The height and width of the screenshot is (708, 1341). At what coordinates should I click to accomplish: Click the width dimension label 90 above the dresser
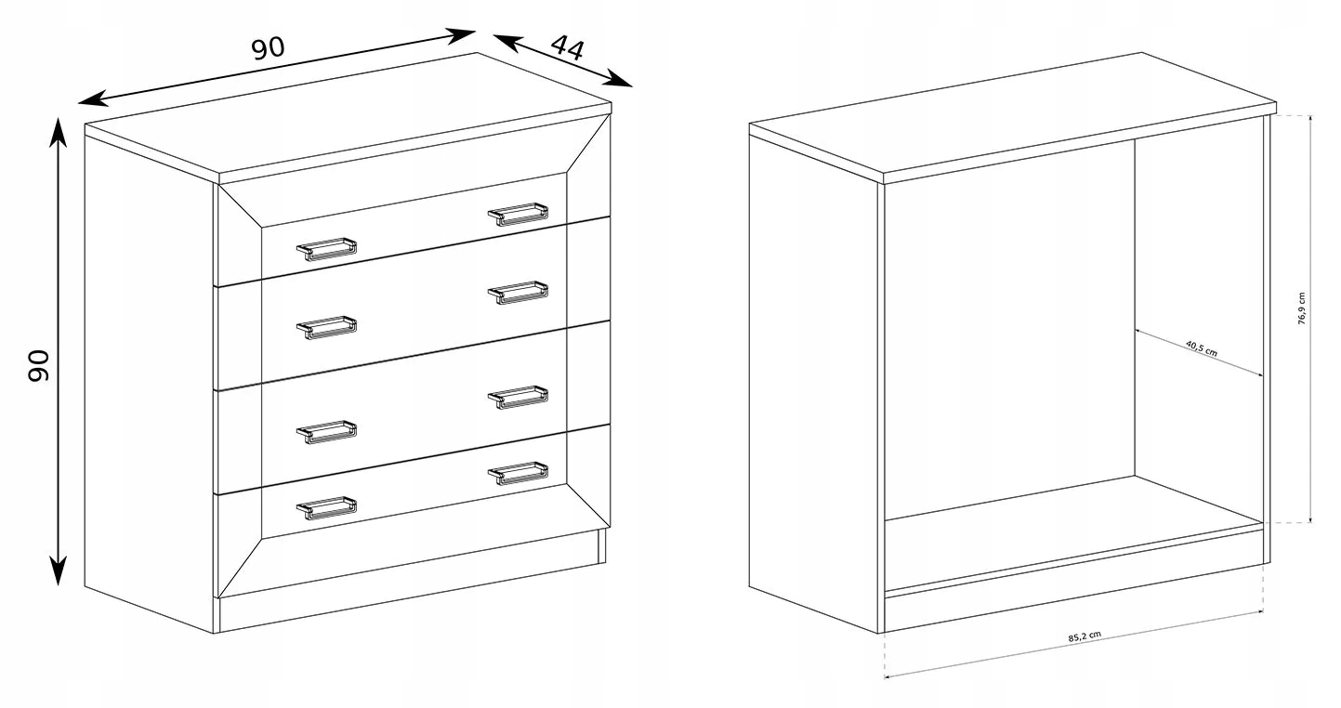coord(268,48)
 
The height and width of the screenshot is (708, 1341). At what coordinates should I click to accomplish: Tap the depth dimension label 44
coord(566,48)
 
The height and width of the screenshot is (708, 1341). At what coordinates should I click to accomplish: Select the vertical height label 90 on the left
coord(39,365)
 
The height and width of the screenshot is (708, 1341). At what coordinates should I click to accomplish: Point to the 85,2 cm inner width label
coord(1085,636)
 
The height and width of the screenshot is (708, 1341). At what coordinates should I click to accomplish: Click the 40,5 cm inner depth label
coord(1202,347)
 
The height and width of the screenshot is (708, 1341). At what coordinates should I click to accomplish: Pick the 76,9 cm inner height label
coord(1301,308)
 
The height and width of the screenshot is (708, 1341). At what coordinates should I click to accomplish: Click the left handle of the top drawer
coord(326,249)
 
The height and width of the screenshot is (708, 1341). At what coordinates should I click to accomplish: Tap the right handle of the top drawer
coord(518,215)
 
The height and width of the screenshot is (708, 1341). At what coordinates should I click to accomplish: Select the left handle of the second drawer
coord(326,327)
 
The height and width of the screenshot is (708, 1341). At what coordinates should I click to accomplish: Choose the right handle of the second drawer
coord(518,292)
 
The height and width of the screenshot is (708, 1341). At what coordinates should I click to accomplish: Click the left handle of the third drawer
coord(326,431)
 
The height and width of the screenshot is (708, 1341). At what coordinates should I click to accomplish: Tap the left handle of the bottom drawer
coord(326,507)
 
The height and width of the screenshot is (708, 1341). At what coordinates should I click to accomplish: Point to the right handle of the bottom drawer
coord(518,473)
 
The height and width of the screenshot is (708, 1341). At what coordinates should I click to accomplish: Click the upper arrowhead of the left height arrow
coord(58,132)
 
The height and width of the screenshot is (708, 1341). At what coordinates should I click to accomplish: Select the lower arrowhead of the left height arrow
coord(58,570)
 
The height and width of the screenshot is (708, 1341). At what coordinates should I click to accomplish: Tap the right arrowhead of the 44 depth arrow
coord(620,80)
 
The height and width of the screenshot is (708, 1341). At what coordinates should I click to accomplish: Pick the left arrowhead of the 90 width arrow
coord(93,98)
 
